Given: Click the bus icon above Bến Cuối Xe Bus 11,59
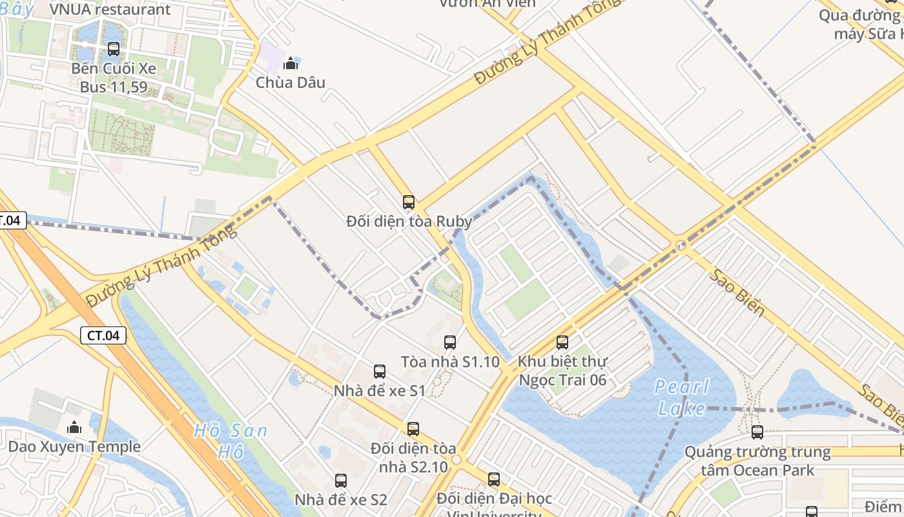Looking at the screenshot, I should point(114,48).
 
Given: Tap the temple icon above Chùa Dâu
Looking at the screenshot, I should point(291,63).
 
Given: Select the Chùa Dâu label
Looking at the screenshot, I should point(291,83).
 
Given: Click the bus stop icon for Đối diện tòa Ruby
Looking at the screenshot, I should point(408,202).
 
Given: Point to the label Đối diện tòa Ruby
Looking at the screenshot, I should point(409,221).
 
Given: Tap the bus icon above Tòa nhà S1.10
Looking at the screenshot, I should point(450,343).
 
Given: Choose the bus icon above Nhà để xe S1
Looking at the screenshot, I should point(380,372).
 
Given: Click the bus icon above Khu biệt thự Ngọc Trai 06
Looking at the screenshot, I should point(562,343).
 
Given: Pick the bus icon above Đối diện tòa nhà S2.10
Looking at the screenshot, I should point(413,428).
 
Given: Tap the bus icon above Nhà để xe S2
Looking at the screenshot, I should point(341,481).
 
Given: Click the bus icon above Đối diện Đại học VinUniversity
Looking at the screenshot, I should point(494,480).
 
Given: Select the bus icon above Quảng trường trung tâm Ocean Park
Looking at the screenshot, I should point(757,432).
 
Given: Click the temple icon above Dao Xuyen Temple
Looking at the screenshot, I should point(74,427).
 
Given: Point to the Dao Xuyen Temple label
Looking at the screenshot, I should point(74,447).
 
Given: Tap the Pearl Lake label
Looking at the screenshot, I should point(682,397).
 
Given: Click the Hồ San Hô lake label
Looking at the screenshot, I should point(231,441).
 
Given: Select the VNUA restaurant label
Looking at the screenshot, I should point(110,10).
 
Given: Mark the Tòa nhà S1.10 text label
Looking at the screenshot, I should point(450,362).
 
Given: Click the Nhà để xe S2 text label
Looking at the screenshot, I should point(341,500).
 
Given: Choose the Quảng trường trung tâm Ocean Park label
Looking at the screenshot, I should point(757,460).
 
